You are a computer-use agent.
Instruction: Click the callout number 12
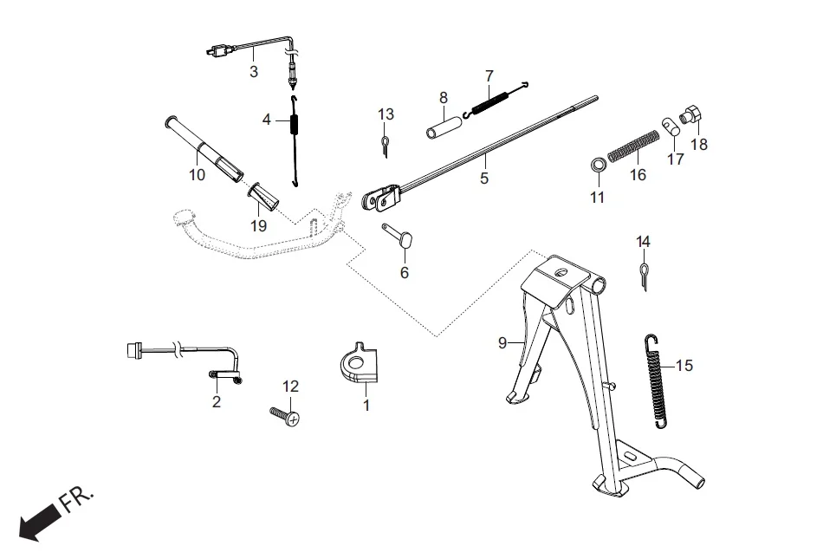(x=290, y=386)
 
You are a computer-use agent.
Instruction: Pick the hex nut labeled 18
(x=692, y=115)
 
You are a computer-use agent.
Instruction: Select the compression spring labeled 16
(x=635, y=145)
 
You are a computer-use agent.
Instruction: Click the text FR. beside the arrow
(x=79, y=500)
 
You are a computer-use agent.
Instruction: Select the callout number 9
(x=502, y=343)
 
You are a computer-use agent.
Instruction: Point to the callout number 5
(x=484, y=179)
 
